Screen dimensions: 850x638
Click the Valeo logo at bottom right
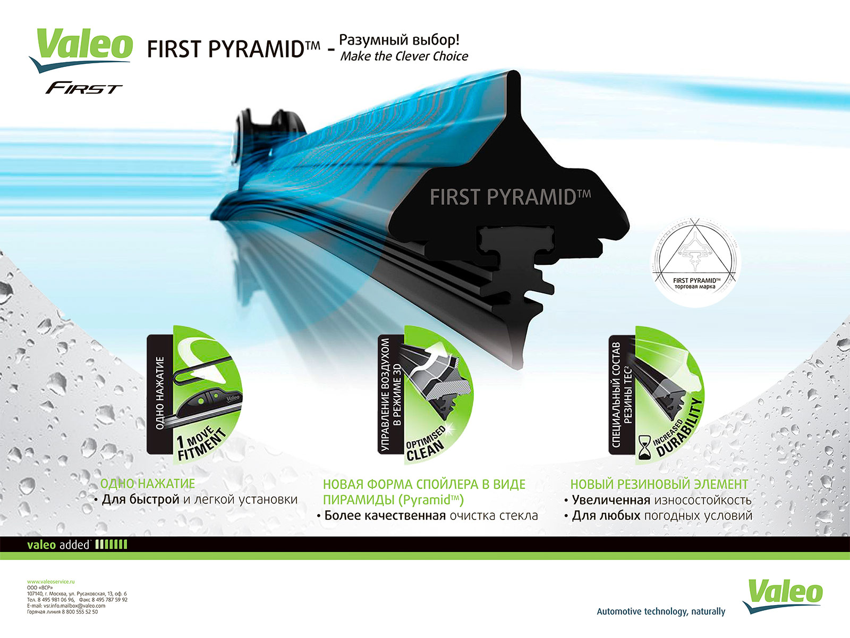pyautogui.click(x=782, y=597)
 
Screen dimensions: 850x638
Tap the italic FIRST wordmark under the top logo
pyautogui.click(x=83, y=88)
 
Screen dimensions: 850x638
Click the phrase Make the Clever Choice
pyautogui.click(x=404, y=56)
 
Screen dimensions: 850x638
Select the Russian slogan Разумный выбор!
pyautogui.click(x=399, y=39)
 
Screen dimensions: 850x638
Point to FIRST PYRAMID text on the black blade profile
pyautogui.click(x=510, y=196)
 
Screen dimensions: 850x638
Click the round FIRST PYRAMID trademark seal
pyautogui.click(x=695, y=262)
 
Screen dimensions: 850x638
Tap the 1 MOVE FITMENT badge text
pyautogui.click(x=201, y=443)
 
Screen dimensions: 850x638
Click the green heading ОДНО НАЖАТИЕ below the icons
pyautogui.click(x=148, y=484)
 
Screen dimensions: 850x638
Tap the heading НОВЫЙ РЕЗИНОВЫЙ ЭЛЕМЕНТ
pyautogui.click(x=659, y=484)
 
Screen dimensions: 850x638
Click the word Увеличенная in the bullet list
pyautogui.click(x=611, y=500)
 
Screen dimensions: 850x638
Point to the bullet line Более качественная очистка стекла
pyautogui.click(x=428, y=516)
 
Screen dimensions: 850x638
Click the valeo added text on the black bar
pyautogui.click(x=58, y=545)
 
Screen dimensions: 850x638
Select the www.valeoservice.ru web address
pyautogui.click(x=50, y=582)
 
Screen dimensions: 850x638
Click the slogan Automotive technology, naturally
pyautogui.click(x=661, y=611)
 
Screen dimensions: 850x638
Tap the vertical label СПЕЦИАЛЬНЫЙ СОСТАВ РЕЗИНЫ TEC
pyautogui.click(x=622, y=394)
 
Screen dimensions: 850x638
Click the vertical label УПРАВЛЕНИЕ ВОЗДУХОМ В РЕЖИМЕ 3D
pyautogui.click(x=391, y=394)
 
